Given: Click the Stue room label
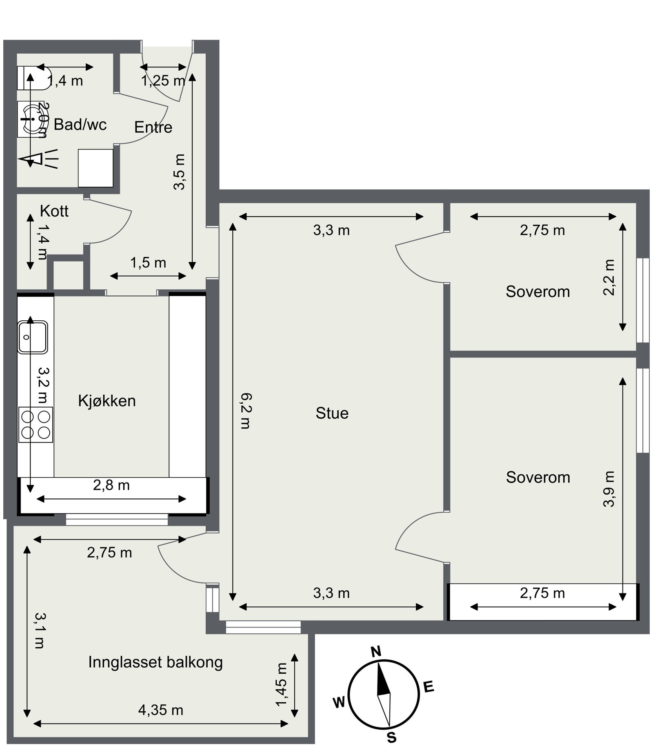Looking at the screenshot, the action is pyautogui.click(x=332, y=413).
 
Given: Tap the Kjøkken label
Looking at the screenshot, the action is pyautogui.click(x=107, y=401).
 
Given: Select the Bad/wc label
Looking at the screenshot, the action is pyautogui.click(x=80, y=125).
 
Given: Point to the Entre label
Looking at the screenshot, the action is pyautogui.click(x=153, y=127).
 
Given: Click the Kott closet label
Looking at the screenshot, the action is pyautogui.click(x=54, y=211).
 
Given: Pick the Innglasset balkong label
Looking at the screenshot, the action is pyautogui.click(x=155, y=662).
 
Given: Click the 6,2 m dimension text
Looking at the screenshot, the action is pyautogui.click(x=246, y=411).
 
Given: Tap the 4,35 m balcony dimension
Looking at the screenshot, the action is pyautogui.click(x=160, y=710).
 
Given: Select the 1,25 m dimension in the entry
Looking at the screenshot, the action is pyautogui.click(x=163, y=81).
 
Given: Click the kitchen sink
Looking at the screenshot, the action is pyautogui.click(x=33, y=337).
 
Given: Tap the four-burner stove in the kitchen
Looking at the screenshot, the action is pyautogui.click(x=36, y=424).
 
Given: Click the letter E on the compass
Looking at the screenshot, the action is pyautogui.click(x=428, y=687).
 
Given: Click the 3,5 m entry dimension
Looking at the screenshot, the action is pyautogui.click(x=179, y=172).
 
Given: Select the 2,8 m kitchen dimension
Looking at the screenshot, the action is pyautogui.click(x=111, y=485).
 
